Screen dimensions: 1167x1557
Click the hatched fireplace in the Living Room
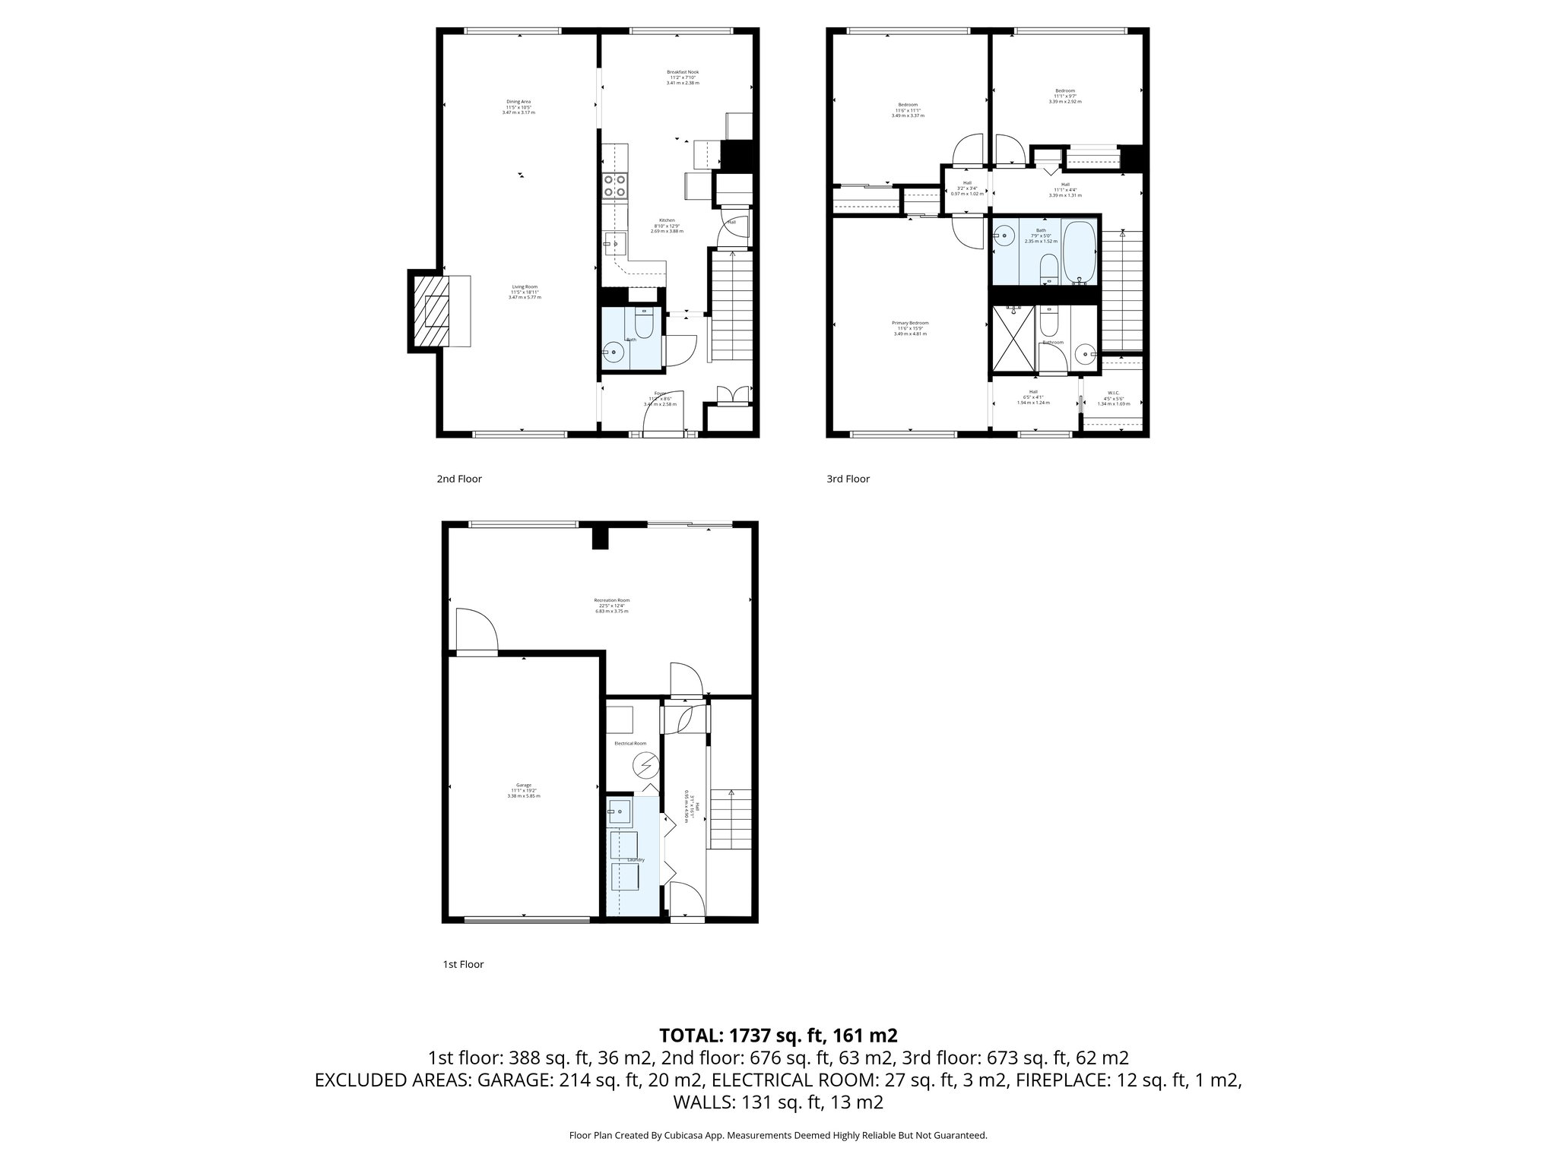[431, 311]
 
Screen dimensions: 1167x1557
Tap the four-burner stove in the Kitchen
[614, 186]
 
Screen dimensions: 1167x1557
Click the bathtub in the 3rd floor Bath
[1079, 251]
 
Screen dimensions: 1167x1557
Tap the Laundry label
[636, 860]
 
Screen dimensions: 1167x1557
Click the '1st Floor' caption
[463, 964]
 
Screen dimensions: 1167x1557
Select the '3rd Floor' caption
[848, 479]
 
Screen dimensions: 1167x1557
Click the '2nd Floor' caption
[459, 479]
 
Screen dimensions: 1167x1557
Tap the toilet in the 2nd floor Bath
[643, 324]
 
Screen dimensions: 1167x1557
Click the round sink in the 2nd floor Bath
[613, 353]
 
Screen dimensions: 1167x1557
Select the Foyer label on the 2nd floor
[659, 394]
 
